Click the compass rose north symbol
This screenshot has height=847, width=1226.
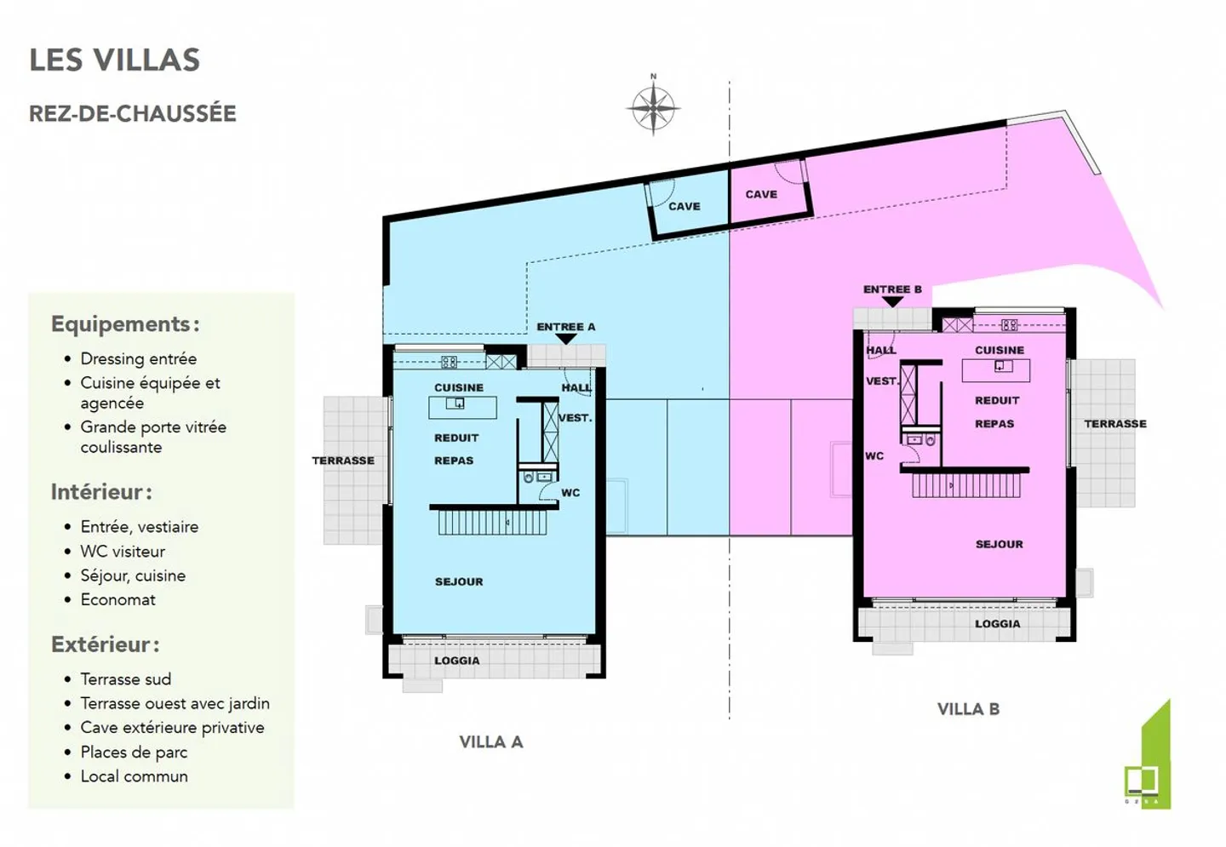tap(653, 108)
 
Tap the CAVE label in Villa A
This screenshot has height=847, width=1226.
tap(684, 206)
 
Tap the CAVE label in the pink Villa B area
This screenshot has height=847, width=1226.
tap(761, 194)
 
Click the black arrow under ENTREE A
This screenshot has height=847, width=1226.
tap(566, 340)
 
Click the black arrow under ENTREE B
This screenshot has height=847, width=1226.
tap(891, 302)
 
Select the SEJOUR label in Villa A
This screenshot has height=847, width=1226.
tap(459, 581)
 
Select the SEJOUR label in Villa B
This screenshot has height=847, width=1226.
tap(999, 544)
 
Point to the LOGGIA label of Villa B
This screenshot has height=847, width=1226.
tap(997, 624)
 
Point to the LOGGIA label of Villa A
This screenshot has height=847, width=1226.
tap(457, 661)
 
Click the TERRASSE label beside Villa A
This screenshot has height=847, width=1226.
tap(343, 461)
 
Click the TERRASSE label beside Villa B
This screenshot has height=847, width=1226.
tap(1114, 424)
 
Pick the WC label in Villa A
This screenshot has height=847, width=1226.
tap(570, 493)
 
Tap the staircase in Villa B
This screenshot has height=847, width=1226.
tap(965, 485)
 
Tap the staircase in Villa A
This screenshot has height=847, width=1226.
tap(492, 522)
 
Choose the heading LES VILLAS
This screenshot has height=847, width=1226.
tap(115, 60)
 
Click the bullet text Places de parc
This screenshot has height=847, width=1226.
tap(134, 752)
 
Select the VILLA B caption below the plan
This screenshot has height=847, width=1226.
tap(968, 709)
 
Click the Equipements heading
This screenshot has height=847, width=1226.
tap(125, 324)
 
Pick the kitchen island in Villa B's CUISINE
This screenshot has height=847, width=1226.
tap(995, 369)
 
